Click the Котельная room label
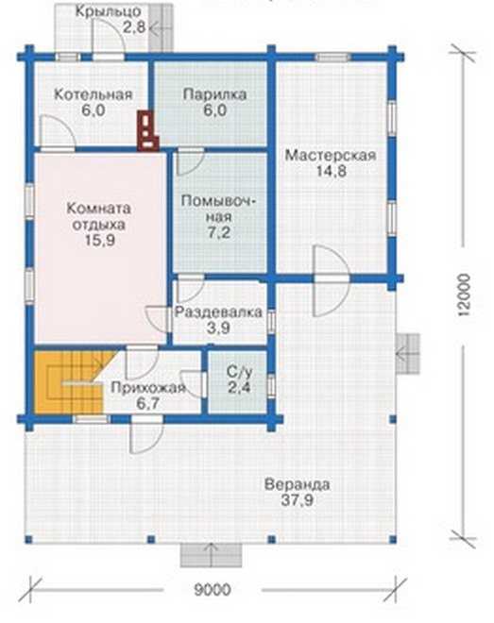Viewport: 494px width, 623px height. point(93,95)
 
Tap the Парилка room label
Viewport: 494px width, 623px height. point(215,95)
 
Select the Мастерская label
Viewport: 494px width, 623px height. point(331,156)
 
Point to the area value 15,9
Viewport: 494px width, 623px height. point(100,241)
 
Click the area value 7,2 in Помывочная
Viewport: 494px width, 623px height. point(219,232)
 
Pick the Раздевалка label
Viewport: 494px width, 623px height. point(218,311)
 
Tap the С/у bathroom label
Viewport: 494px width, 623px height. point(240,372)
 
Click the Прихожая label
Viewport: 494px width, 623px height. point(148,387)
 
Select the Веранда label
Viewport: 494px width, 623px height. point(298,485)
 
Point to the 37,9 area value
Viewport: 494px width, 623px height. point(298,500)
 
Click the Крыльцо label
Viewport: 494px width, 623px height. point(108,11)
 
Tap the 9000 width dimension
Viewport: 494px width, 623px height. point(213,590)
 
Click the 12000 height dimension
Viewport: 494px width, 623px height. point(464,295)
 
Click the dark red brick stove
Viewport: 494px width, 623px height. point(148,130)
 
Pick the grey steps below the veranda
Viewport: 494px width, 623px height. point(212,555)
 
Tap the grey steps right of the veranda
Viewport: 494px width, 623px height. point(408,353)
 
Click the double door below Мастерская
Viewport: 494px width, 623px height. point(332,280)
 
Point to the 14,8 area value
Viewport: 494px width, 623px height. point(331,171)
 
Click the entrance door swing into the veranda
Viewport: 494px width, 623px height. point(146,436)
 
